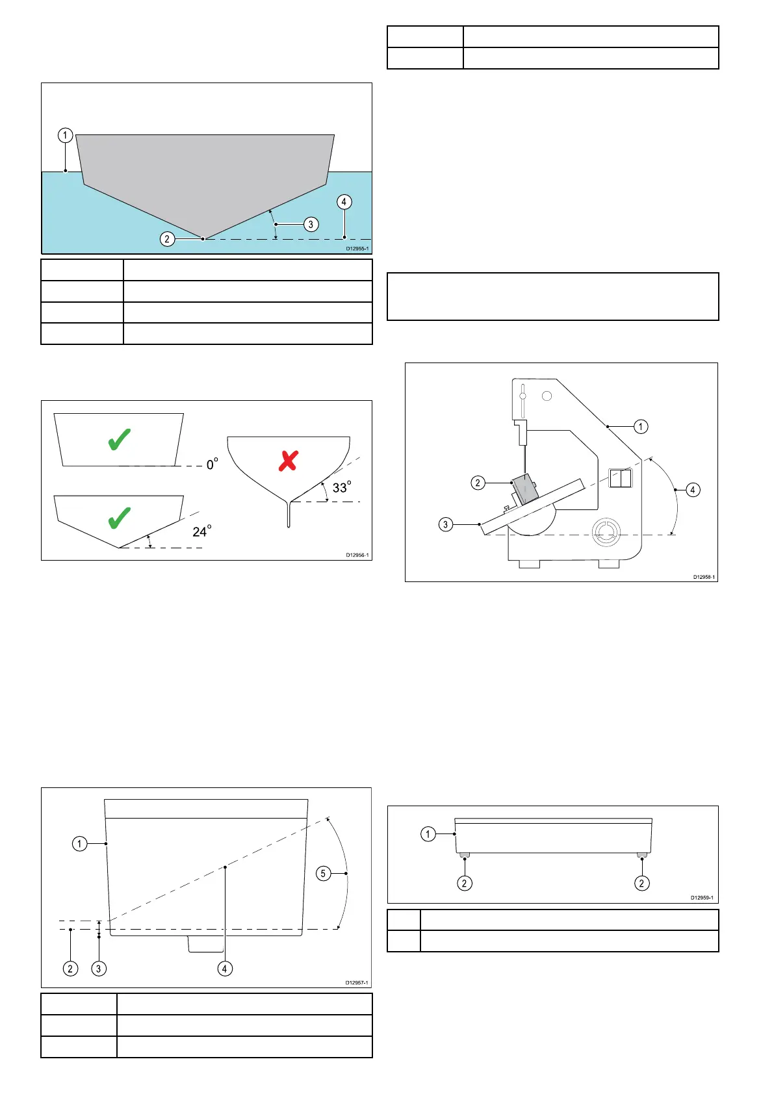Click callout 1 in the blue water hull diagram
click(x=65, y=135)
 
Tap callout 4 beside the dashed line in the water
click(x=344, y=201)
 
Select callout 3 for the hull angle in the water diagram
click(x=311, y=224)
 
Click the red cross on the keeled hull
click(x=288, y=461)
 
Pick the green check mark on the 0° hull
click(x=120, y=440)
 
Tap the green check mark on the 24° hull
click(x=120, y=518)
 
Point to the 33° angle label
click(x=341, y=487)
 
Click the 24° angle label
click(x=201, y=532)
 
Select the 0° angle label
click(x=212, y=464)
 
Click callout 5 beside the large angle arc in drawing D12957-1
click(x=323, y=874)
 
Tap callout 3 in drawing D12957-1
click(x=99, y=969)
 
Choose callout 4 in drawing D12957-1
click(x=225, y=969)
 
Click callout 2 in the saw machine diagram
click(x=478, y=483)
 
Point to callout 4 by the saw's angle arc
click(x=693, y=490)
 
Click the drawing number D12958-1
click(x=704, y=577)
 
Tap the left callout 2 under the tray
click(x=464, y=883)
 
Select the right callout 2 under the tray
click(x=642, y=883)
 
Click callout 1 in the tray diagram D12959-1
click(x=428, y=834)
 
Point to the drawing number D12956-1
click(x=357, y=555)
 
